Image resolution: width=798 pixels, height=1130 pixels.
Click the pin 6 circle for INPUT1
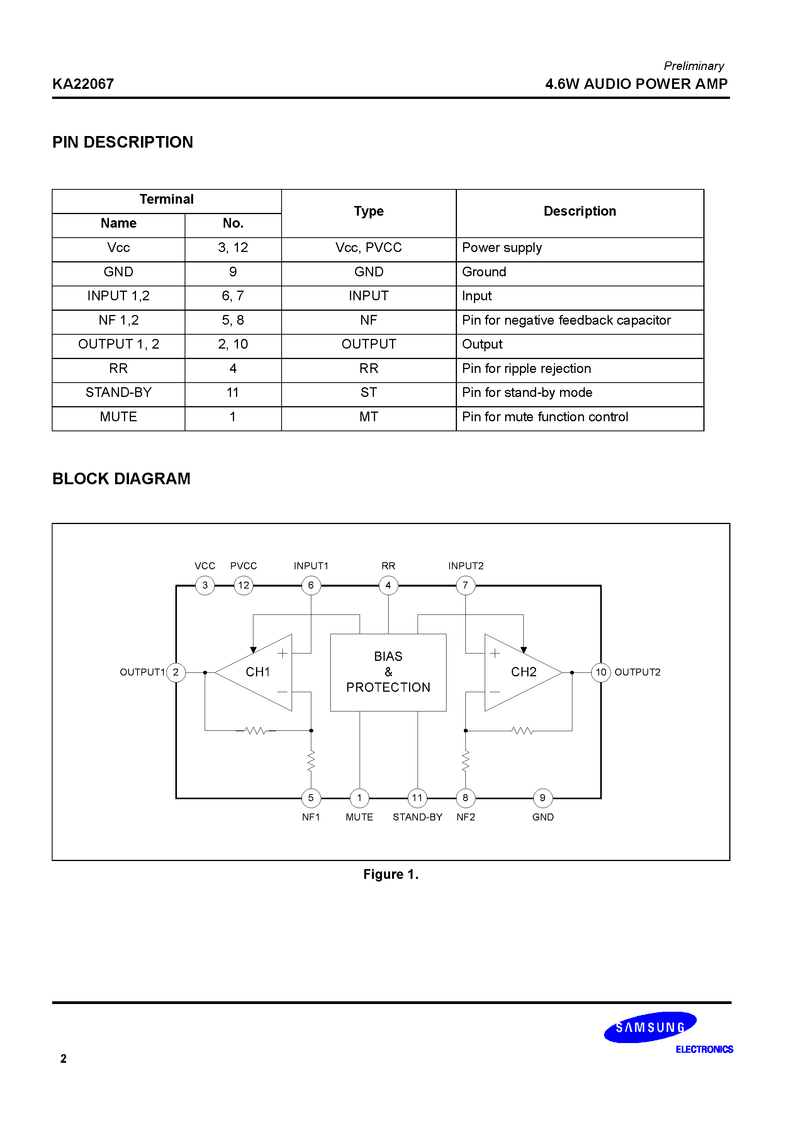pos(311,585)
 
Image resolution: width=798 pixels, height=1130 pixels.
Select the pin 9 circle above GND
pos(543,798)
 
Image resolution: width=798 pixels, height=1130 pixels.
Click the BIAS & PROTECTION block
pos(388,672)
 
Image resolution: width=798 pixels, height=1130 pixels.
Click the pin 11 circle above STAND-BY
pos(417,798)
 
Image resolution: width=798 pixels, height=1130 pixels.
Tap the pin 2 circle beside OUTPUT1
pos(176,672)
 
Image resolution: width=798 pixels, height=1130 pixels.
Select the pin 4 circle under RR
pos(388,585)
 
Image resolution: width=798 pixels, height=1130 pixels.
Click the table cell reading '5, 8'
pos(233,320)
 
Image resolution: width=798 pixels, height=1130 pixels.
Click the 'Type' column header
pos(368,211)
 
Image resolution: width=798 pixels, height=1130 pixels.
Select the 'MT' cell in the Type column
pos(368,417)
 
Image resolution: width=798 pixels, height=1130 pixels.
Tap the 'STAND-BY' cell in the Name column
pos(119,393)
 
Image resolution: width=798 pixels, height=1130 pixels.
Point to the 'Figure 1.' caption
pos(391,875)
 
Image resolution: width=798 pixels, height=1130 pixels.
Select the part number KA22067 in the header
pos(83,84)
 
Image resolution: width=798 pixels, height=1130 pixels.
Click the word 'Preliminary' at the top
pos(694,66)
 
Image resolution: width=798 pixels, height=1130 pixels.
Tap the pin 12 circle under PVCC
pos(243,585)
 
